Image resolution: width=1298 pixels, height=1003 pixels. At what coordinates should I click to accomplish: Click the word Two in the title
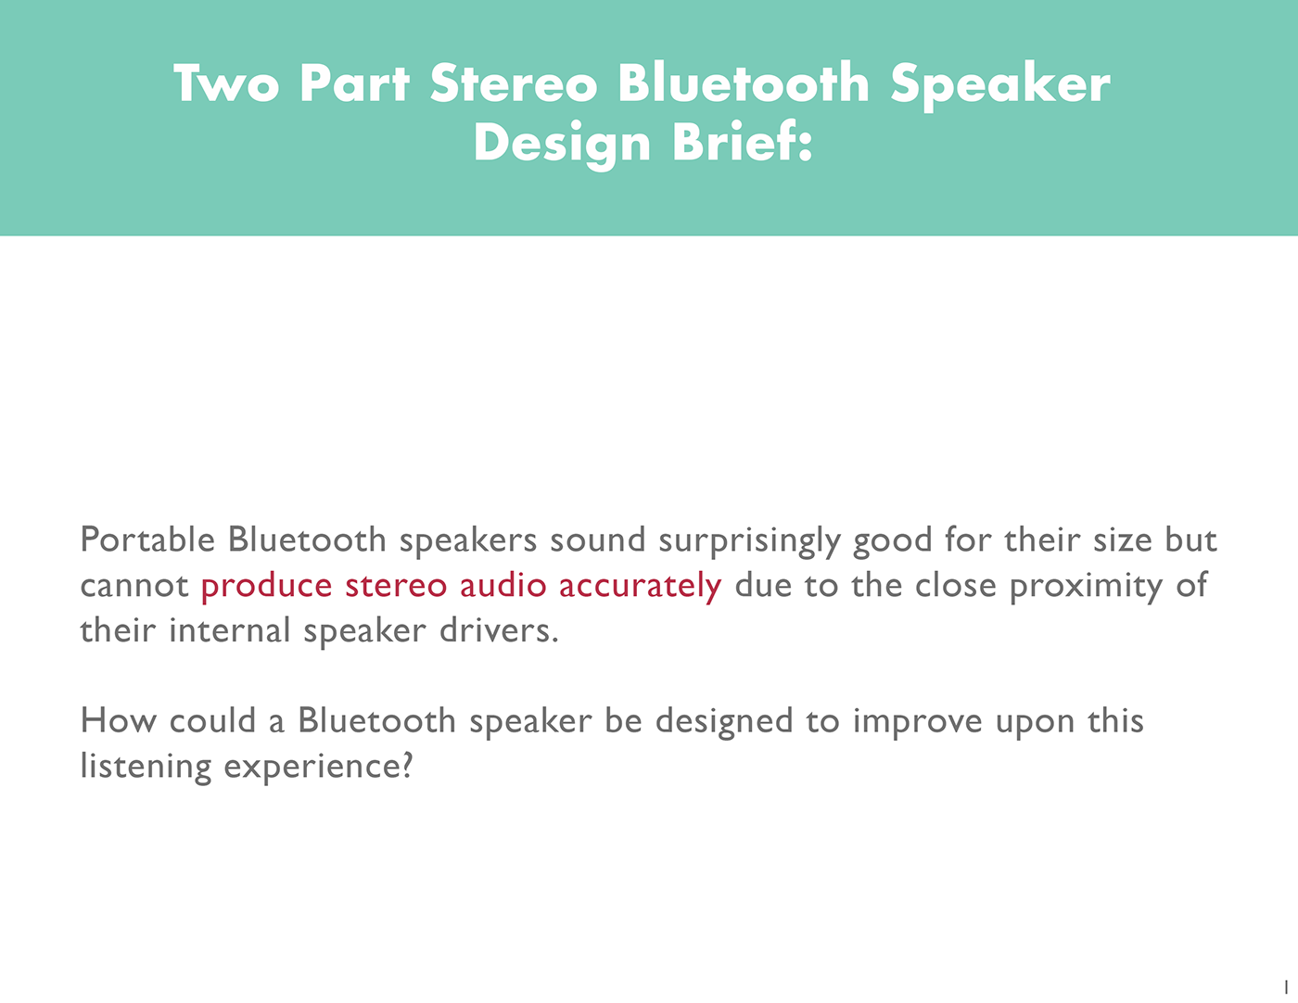point(225,83)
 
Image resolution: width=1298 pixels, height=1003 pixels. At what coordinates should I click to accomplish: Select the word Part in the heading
point(354,83)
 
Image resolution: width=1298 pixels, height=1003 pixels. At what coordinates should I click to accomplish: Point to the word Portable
point(147,540)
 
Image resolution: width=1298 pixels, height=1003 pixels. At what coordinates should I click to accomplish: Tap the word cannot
point(134,586)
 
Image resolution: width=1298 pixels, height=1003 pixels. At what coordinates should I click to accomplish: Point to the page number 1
point(1285,986)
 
